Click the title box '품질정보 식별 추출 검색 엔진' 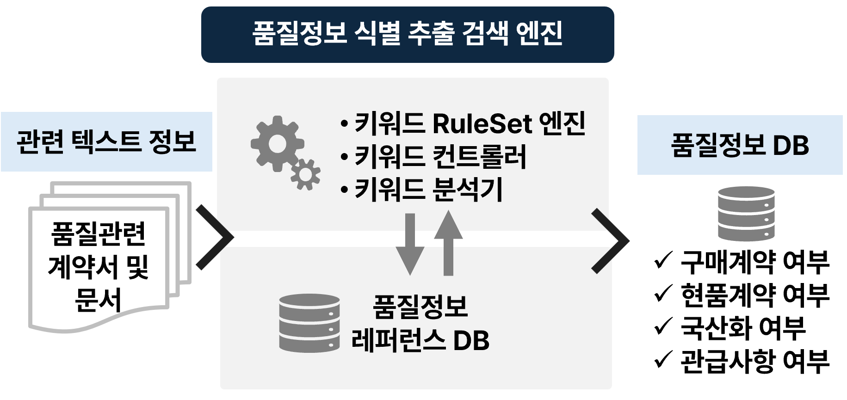(407, 35)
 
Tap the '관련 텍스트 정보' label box (106, 142)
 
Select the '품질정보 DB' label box (740, 145)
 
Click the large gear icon (276, 142)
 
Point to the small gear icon (306, 174)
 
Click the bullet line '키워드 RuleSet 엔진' (463, 124)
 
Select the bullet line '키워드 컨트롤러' (434, 157)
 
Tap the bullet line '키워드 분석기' (421, 190)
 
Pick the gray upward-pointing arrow (448, 243)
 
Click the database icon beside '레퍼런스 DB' (309, 322)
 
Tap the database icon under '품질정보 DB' (746, 213)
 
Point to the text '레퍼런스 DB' (420, 341)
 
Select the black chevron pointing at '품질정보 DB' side (610, 240)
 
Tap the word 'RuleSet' (482, 124)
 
